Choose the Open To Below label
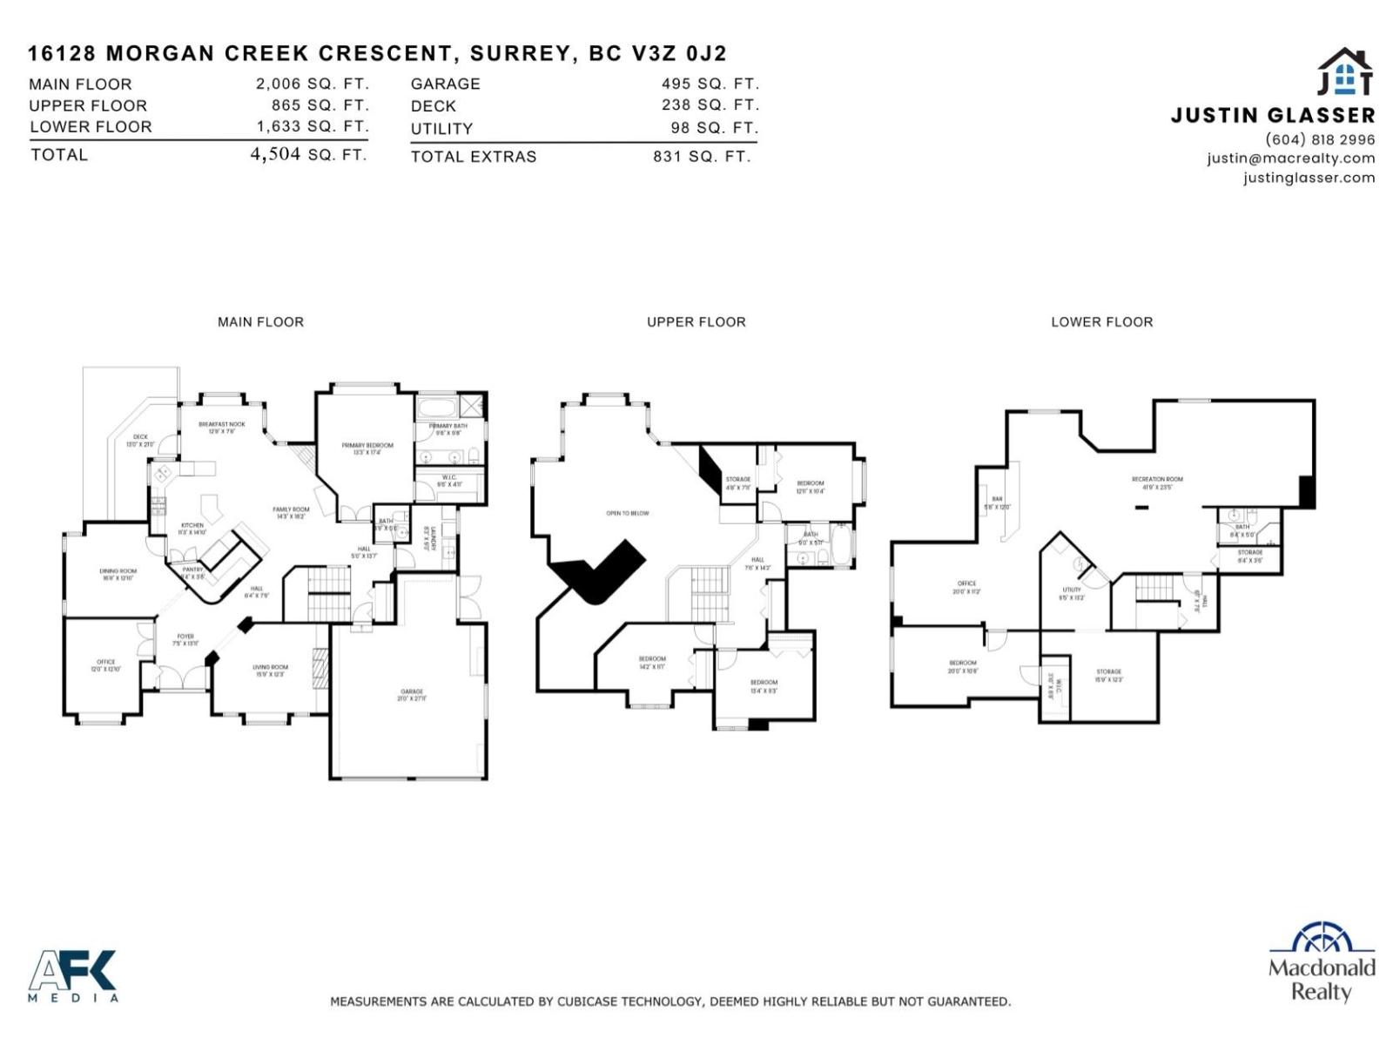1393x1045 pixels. point(628,513)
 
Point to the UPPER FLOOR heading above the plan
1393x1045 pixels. point(696,321)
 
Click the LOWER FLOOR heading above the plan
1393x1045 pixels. point(1101,321)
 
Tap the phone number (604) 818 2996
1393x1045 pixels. point(1320,139)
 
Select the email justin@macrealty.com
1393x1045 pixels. point(1290,158)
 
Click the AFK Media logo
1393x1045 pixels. point(73,975)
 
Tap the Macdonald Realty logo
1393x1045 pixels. point(1322,962)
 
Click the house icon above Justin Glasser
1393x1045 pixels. point(1344,71)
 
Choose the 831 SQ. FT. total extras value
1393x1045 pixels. point(701,157)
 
